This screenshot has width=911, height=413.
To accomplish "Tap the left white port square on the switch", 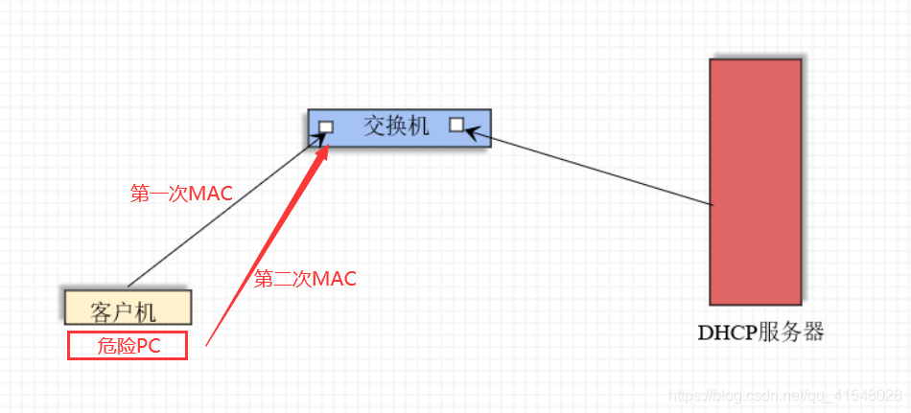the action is click(326, 126).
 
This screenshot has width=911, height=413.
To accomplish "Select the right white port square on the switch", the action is click(456, 125).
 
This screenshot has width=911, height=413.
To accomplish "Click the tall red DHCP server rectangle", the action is click(755, 181).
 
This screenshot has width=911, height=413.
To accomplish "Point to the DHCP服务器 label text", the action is click(760, 333).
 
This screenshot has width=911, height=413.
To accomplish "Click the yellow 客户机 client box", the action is click(128, 308).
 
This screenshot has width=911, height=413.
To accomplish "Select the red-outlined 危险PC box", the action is click(127, 345).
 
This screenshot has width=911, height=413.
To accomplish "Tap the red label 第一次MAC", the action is click(181, 194).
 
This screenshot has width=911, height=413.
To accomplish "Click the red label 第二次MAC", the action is click(305, 280).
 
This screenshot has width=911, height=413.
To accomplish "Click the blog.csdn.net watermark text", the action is click(784, 395).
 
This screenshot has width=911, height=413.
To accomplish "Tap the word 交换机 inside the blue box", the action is click(395, 125).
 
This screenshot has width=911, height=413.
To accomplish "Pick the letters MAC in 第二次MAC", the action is click(335, 280).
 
